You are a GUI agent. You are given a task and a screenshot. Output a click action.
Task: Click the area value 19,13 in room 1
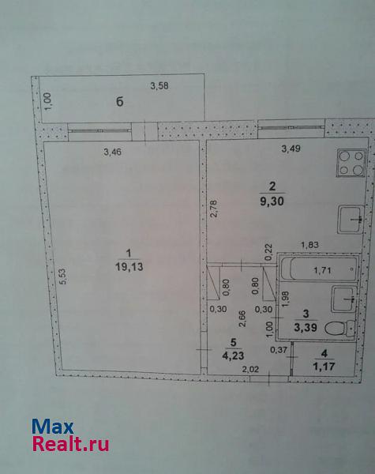coord(129,267)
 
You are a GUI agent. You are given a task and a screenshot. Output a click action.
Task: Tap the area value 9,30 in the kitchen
coord(272,201)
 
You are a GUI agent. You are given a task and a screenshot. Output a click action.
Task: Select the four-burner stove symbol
coord(351,163)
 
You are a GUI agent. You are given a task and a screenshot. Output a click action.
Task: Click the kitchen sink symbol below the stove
coord(351,219)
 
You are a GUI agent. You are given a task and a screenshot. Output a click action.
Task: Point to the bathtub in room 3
coord(318,269)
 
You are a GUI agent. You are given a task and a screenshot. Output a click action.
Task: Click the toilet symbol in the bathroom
coord(339,329)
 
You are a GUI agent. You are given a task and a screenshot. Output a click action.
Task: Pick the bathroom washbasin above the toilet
coord(344,299)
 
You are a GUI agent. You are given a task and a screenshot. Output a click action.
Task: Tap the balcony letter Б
coord(120,102)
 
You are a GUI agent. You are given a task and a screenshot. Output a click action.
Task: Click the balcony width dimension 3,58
coord(159,86)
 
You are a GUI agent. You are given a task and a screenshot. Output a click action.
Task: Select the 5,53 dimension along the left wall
coord(63,276)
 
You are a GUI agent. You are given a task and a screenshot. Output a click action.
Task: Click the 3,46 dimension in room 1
coord(112,152)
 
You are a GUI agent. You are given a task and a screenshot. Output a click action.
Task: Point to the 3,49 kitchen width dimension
coord(291,149)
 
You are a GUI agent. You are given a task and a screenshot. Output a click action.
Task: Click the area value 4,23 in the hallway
coord(233,355)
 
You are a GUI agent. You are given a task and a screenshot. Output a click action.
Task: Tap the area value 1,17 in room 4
coord(324,367)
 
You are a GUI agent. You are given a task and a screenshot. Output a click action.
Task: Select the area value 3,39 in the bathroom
coord(306,327)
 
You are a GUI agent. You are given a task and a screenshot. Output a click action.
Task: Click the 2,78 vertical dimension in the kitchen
coord(214,209)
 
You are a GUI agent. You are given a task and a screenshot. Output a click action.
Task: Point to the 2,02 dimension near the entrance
coord(250,369)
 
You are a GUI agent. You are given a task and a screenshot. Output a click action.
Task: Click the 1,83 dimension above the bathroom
coord(309,245)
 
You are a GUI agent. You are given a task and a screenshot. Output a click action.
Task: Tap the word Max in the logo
coord(53,427)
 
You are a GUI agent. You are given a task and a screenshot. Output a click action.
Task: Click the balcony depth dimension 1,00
coord(47,100)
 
